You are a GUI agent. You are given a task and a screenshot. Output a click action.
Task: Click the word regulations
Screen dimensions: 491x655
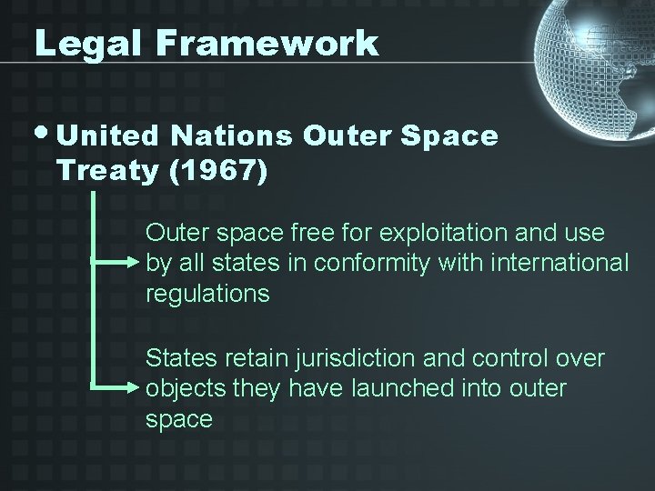coord(207,295)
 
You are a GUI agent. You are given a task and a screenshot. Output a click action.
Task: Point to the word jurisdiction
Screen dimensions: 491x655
coord(369,359)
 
